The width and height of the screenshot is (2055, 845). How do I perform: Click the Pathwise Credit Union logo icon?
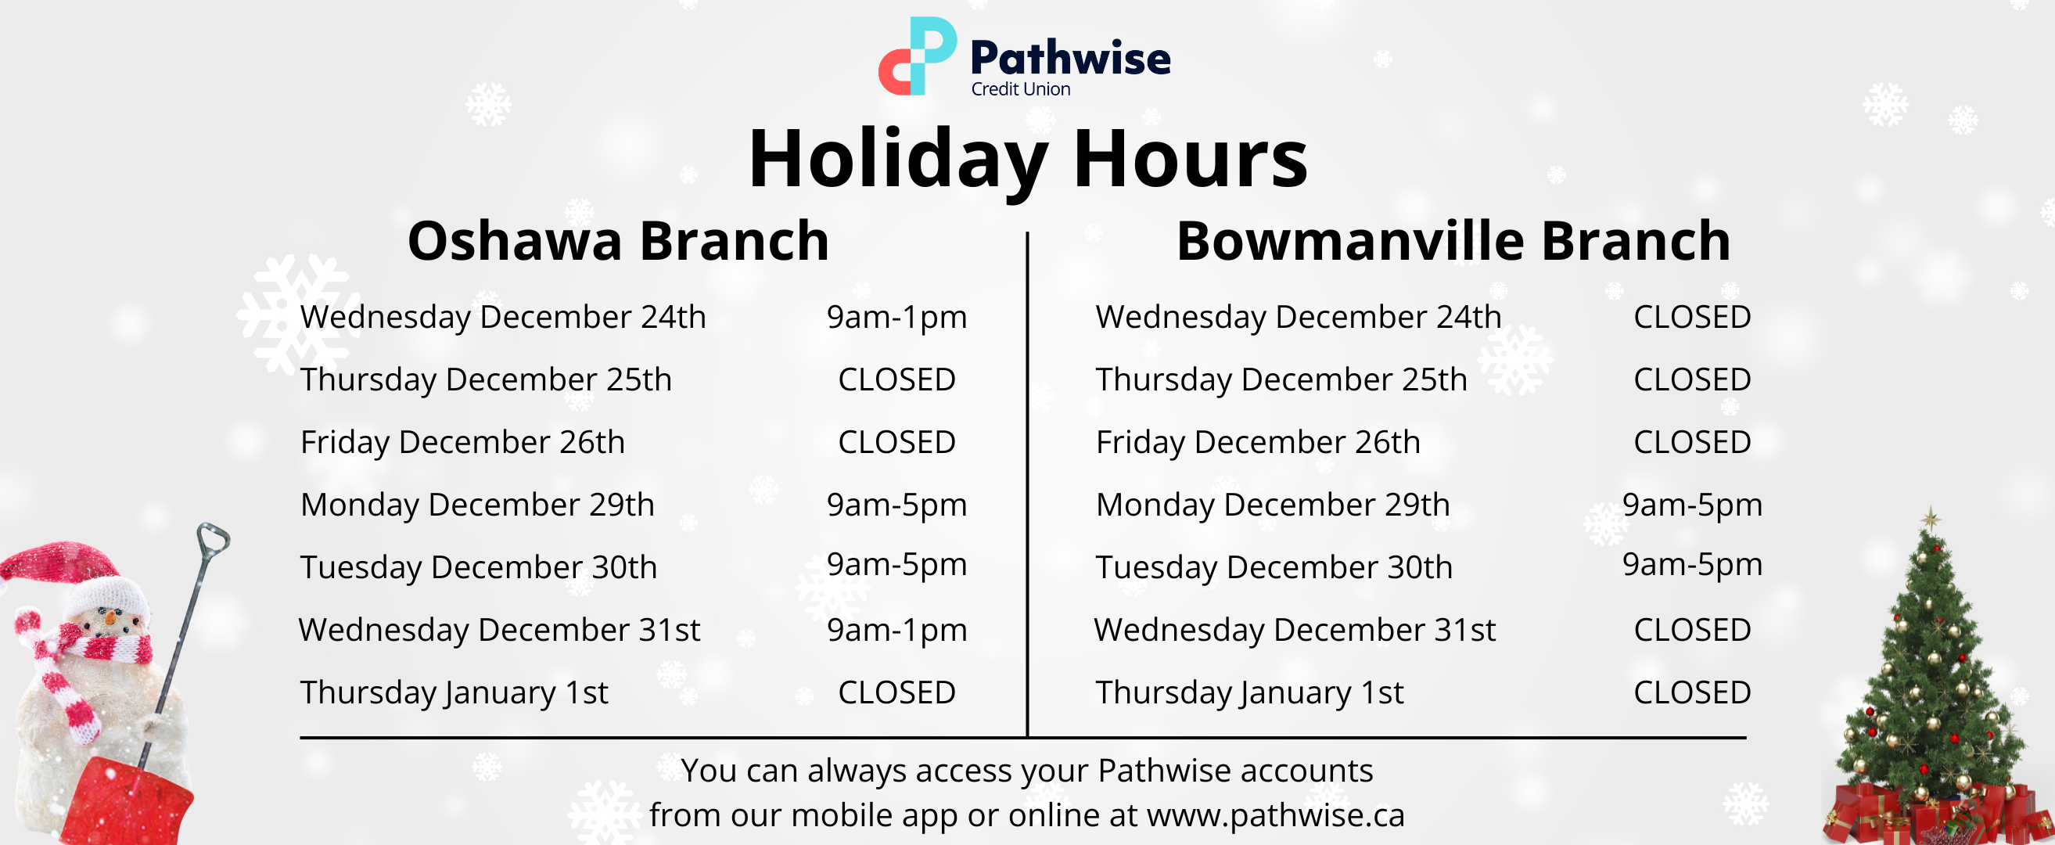pos(918,56)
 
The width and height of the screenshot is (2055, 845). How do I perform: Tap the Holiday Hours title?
pos(1028,160)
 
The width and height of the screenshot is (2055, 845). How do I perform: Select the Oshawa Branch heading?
pos(618,240)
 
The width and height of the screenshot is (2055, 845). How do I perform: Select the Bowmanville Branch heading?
pos(1453,240)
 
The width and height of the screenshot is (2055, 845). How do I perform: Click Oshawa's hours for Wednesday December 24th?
pos(896,318)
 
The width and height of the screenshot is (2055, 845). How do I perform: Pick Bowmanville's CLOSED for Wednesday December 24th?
pos(1692,317)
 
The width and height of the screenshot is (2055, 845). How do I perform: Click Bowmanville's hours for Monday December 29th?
pos(1692,505)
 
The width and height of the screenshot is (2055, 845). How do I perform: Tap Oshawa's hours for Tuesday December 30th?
pos(896,565)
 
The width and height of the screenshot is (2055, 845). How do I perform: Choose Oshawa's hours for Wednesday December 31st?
pos(896,631)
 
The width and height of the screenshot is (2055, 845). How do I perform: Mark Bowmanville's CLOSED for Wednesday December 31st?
pos(1692,630)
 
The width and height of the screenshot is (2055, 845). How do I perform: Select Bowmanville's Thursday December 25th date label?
pos(1281,379)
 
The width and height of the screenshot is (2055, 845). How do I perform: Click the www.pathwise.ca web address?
pos(1276,815)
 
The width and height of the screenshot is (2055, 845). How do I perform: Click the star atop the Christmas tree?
pos(1931,520)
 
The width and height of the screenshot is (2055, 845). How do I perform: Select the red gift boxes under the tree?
pos(1938,814)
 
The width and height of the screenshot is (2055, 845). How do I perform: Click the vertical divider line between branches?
pos(1028,484)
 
